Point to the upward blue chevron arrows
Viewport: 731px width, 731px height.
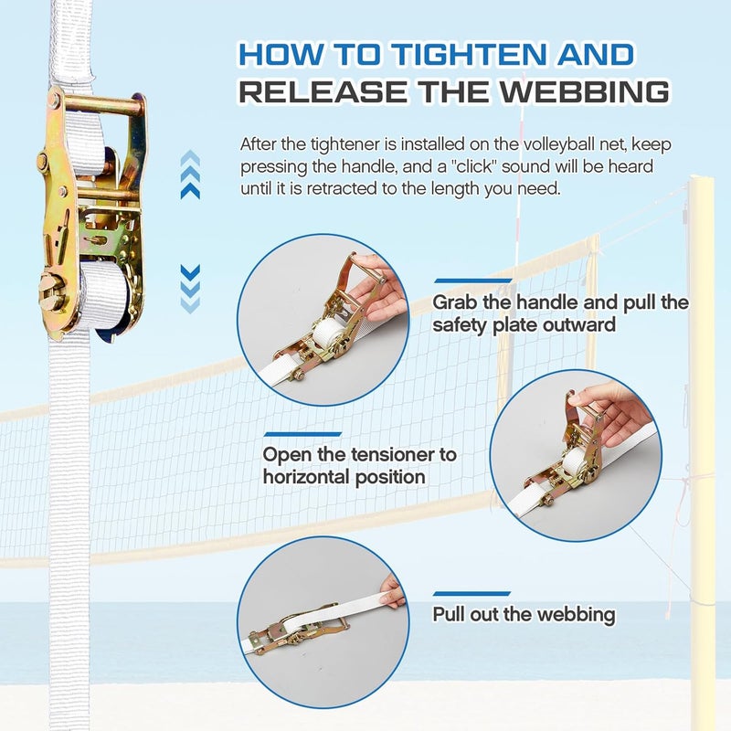tap(190, 175)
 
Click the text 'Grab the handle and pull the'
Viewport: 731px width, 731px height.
tap(560, 302)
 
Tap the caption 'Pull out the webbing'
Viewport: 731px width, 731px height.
tap(524, 614)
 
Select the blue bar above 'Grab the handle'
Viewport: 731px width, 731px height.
tap(472, 281)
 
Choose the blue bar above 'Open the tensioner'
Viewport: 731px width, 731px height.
tap(302, 433)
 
